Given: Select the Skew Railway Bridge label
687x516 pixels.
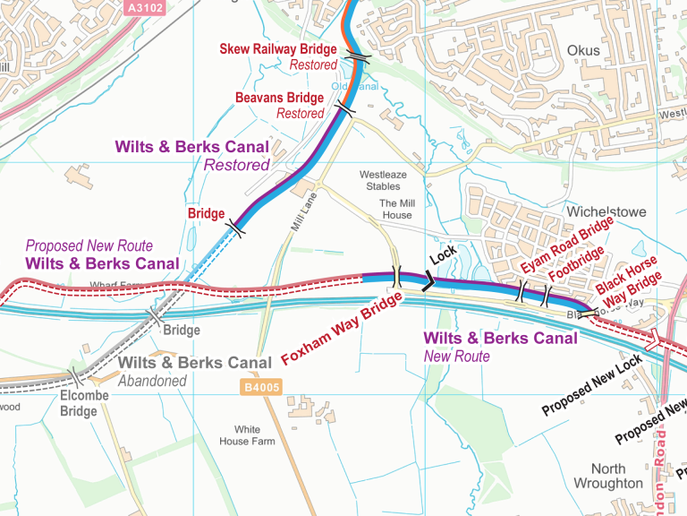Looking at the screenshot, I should (x=278, y=49).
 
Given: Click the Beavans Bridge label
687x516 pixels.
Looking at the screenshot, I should (x=279, y=98).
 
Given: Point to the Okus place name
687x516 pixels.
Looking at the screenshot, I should (x=583, y=50).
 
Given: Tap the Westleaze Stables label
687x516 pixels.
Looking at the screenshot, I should (x=385, y=180).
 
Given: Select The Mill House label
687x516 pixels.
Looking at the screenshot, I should (x=396, y=209).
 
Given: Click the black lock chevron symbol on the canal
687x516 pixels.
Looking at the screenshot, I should (x=428, y=282).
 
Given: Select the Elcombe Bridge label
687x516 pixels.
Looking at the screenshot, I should (x=84, y=403).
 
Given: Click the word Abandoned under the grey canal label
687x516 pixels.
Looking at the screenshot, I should (x=154, y=381).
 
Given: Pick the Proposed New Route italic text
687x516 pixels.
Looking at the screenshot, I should (x=89, y=245).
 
